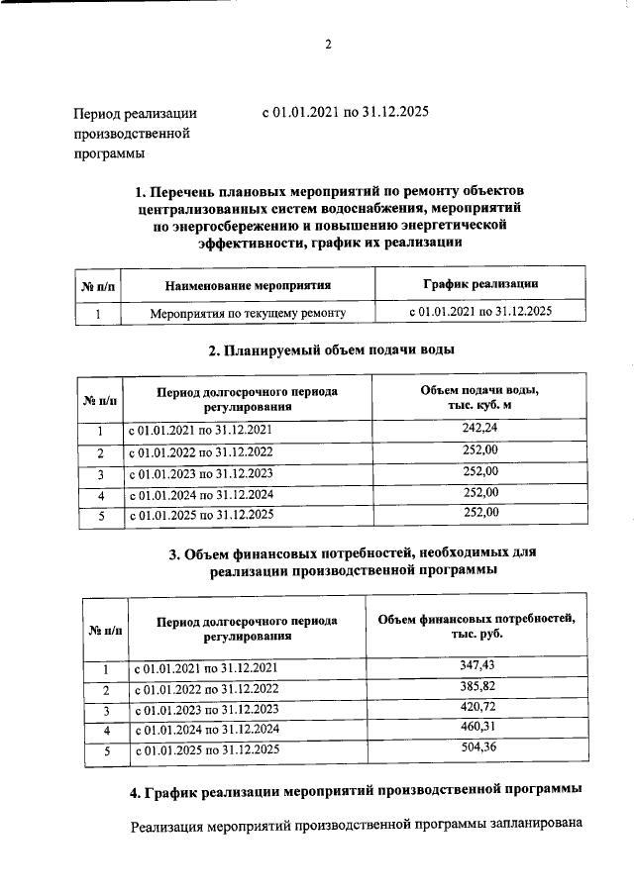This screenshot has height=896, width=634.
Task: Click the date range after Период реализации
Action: [345, 113]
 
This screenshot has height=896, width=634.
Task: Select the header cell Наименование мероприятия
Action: [247, 285]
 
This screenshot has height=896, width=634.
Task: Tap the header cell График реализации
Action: [479, 283]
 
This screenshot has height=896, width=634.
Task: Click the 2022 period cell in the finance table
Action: [206, 688]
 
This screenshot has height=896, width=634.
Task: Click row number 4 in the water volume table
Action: [100, 494]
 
